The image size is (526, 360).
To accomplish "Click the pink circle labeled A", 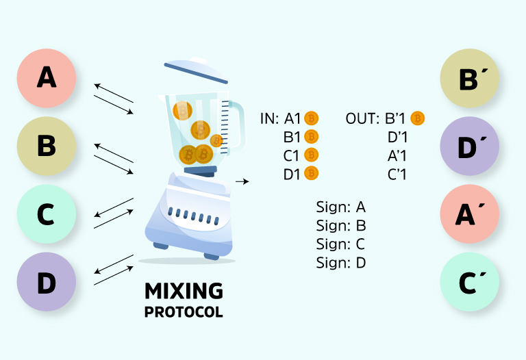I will (46, 77).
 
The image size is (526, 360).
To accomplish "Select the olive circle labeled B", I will (46, 146).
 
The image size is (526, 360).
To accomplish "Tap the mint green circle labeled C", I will (46, 214).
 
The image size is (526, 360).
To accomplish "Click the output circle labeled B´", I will (468, 77).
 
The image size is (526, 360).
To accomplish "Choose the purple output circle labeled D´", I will (468, 146).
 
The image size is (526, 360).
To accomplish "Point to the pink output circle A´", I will (468, 214).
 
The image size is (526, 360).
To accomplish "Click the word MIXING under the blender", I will (184, 291).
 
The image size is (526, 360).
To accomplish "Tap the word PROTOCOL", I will (184, 312).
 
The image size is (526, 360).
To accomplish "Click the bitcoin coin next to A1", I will (312, 118).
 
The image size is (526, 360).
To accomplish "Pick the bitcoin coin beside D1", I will (312, 174).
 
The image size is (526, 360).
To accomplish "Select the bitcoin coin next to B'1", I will (417, 118).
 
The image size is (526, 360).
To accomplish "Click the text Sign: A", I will (341, 207).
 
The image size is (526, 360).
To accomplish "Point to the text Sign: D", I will (341, 262).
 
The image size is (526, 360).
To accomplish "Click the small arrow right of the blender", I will (241, 181).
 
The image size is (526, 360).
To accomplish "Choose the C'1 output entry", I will (397, 174).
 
